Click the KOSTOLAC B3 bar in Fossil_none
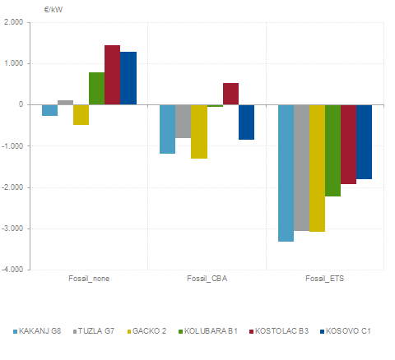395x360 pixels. [x=112, y=75]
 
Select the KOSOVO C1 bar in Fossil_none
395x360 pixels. [x=128, y=78]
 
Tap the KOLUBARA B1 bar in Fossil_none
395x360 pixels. [x=96, y=88]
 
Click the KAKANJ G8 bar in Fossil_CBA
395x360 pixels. [x=167, y=129]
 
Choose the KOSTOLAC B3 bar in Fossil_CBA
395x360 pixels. [x=230, y=94]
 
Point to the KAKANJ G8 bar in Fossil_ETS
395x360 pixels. [x=286, y=173]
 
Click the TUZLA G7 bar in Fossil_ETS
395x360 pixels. [x=301, y=168]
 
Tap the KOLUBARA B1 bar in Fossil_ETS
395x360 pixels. [x=332, y=150]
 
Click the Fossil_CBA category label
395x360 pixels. [x=207, y=279]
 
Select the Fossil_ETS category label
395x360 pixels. [x=325, y=279]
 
